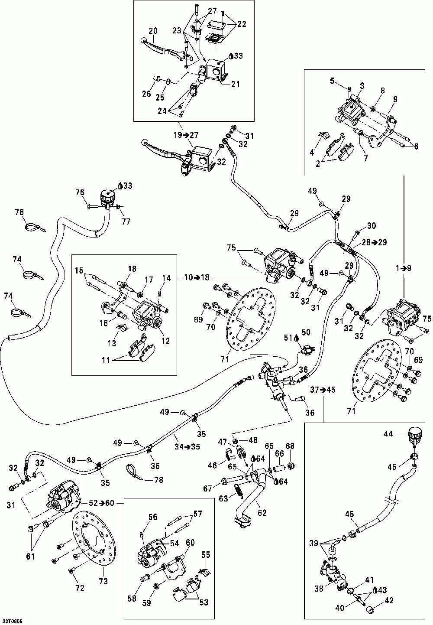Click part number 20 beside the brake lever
tap(153, 31)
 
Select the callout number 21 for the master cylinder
tap(235, 85)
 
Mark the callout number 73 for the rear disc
tap(103, 581)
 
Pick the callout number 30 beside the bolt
tap(372, 226)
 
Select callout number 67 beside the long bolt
tap(208, 489)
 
